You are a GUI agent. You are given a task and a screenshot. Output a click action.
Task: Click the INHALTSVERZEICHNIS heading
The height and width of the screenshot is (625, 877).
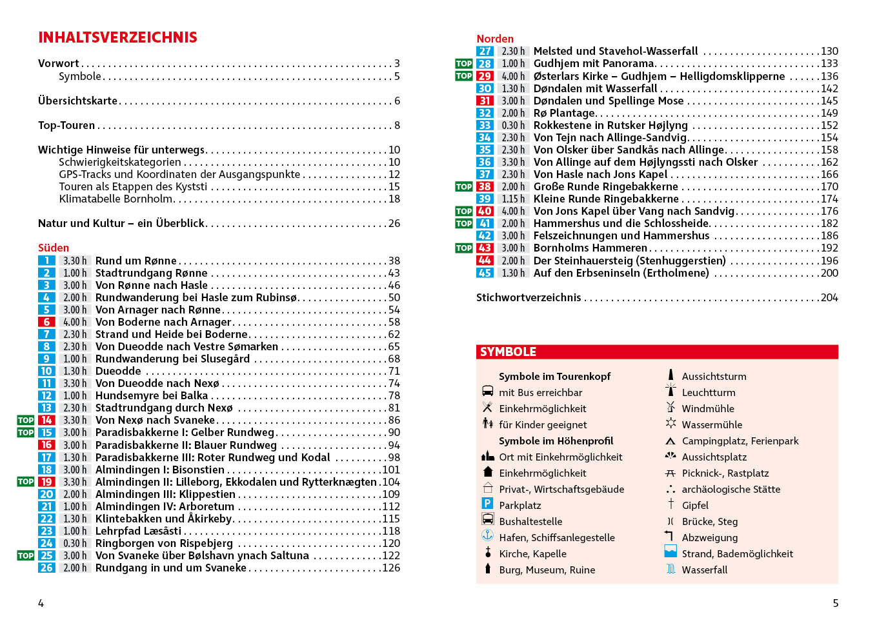pos(117,37)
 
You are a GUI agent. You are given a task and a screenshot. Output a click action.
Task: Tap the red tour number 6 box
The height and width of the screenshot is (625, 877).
pos(46,322)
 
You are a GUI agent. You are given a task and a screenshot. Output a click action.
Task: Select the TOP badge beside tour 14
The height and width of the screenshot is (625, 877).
pos(26,420)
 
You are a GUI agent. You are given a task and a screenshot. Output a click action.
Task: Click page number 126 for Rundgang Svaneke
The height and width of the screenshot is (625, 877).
pos(391,568)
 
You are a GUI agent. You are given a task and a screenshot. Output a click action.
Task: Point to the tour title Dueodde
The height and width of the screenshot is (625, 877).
pos(118,371)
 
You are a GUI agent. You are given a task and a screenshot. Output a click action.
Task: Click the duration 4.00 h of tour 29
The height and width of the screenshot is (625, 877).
pos(513,76)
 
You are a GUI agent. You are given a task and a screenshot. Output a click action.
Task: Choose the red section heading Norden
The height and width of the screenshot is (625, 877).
pos(495,39)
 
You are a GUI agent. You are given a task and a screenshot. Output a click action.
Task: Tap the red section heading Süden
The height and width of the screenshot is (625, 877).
pos(54,248)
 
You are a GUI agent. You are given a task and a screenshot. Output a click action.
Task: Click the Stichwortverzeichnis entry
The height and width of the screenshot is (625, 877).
pos(529,297)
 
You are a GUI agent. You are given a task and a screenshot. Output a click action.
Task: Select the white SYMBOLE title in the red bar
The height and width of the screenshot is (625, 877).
pos(508,352)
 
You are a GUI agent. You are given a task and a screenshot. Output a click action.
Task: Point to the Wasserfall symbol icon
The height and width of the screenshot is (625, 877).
pos(670,569)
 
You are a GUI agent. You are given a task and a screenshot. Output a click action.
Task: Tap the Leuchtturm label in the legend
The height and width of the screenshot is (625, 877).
pos(709,392)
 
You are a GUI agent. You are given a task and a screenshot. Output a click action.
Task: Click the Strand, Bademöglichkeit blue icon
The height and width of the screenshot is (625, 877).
pos(670,551)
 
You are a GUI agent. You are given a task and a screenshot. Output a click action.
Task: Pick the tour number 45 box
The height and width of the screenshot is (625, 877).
pos(485,273)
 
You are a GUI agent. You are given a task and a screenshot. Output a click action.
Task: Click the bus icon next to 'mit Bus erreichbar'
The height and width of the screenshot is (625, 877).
pos(488,391)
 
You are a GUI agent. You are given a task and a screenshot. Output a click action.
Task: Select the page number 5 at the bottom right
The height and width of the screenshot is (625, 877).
pos(836,603)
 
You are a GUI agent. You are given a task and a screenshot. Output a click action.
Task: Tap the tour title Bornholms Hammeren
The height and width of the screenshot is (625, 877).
pos(590,248)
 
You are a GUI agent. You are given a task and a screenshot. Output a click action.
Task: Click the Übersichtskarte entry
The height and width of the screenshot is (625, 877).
pos(77,101)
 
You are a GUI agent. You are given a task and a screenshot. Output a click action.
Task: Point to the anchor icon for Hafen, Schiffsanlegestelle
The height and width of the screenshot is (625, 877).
pos(488,535)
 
